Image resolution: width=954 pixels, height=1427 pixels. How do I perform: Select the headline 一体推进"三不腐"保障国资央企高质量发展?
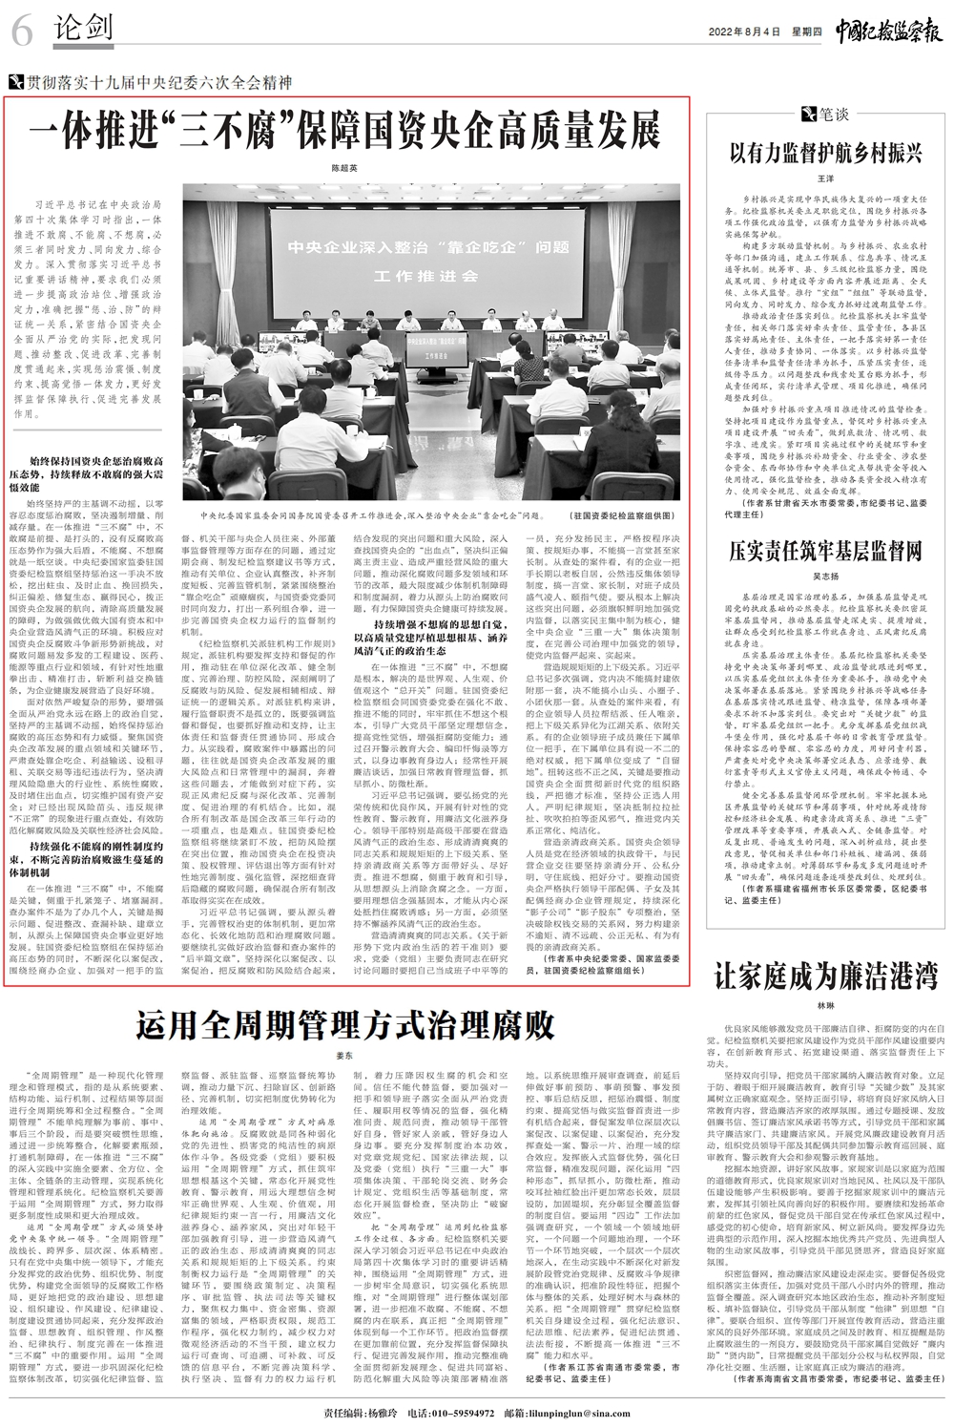pos(344,127)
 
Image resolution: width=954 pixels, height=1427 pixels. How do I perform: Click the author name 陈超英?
pos(344,167)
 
